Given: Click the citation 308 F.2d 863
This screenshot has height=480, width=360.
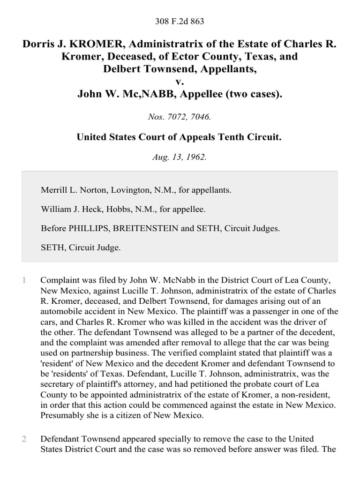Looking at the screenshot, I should click(x=180, y=22).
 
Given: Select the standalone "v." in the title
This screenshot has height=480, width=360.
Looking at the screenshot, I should click(x=180, y=82).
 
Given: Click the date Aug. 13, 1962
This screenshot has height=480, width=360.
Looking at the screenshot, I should click(x=180, y=157).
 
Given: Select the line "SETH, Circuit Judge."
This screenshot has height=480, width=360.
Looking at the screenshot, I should click(x=81, y=248).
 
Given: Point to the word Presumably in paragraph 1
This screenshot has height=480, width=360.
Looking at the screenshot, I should click(x=61, y=415).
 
